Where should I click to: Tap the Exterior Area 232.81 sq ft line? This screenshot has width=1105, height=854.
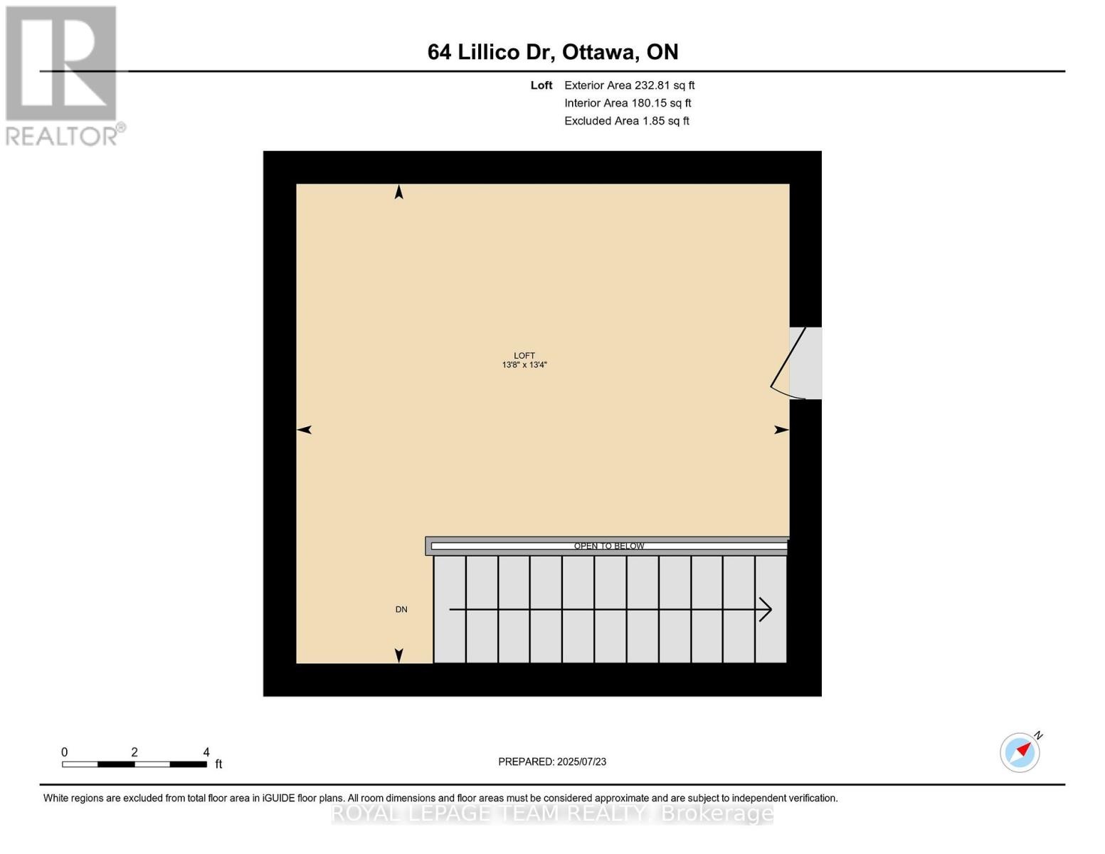click(629, 85)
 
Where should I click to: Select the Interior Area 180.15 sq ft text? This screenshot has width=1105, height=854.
click(628, 103)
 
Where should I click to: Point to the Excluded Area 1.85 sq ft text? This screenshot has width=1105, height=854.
click(626, 121)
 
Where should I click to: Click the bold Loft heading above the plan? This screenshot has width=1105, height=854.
click(541, 85)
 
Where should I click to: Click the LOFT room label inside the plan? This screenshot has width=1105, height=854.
click(524, 356)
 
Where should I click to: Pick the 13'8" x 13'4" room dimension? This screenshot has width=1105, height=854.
click(524, 365)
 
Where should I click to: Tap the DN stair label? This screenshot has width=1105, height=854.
click(401, 610)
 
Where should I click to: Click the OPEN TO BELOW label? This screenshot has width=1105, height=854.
click(609, 547)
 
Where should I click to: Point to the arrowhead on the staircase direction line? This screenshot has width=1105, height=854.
click(766, 610)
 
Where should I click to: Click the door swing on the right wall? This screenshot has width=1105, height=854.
click(788, 363)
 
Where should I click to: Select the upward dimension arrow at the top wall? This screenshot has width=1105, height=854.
click(399, 192)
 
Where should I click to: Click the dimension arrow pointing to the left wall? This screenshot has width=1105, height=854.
click(305, 430)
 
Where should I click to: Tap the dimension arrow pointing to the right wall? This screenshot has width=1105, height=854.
click(781, 430)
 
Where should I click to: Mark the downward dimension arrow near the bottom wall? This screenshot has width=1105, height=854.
click(399, 655)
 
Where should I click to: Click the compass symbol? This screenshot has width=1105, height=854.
click(1020, 752)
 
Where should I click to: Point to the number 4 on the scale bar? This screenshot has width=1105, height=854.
click(206, 752)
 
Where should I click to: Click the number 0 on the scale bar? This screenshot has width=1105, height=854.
click(65, 752)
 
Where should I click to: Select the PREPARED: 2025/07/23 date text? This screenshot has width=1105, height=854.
click(552, 762)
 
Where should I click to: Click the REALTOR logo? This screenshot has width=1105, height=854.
click(63, 75)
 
